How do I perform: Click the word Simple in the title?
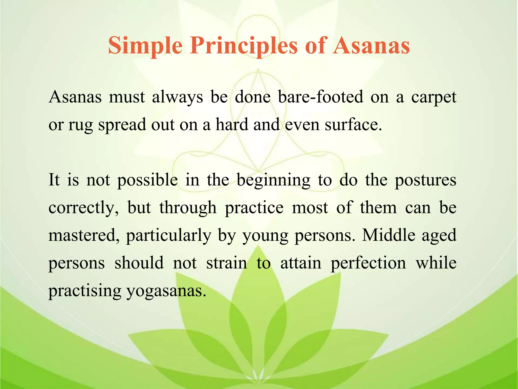point(145,46)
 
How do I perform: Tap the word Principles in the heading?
point(244,46)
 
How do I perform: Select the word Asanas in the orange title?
point(371,46)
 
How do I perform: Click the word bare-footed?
point(320,97)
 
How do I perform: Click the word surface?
point(353,125)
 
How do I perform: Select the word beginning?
point(273,180)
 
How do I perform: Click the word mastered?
point(84,235)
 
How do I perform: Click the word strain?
point(227,263)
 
